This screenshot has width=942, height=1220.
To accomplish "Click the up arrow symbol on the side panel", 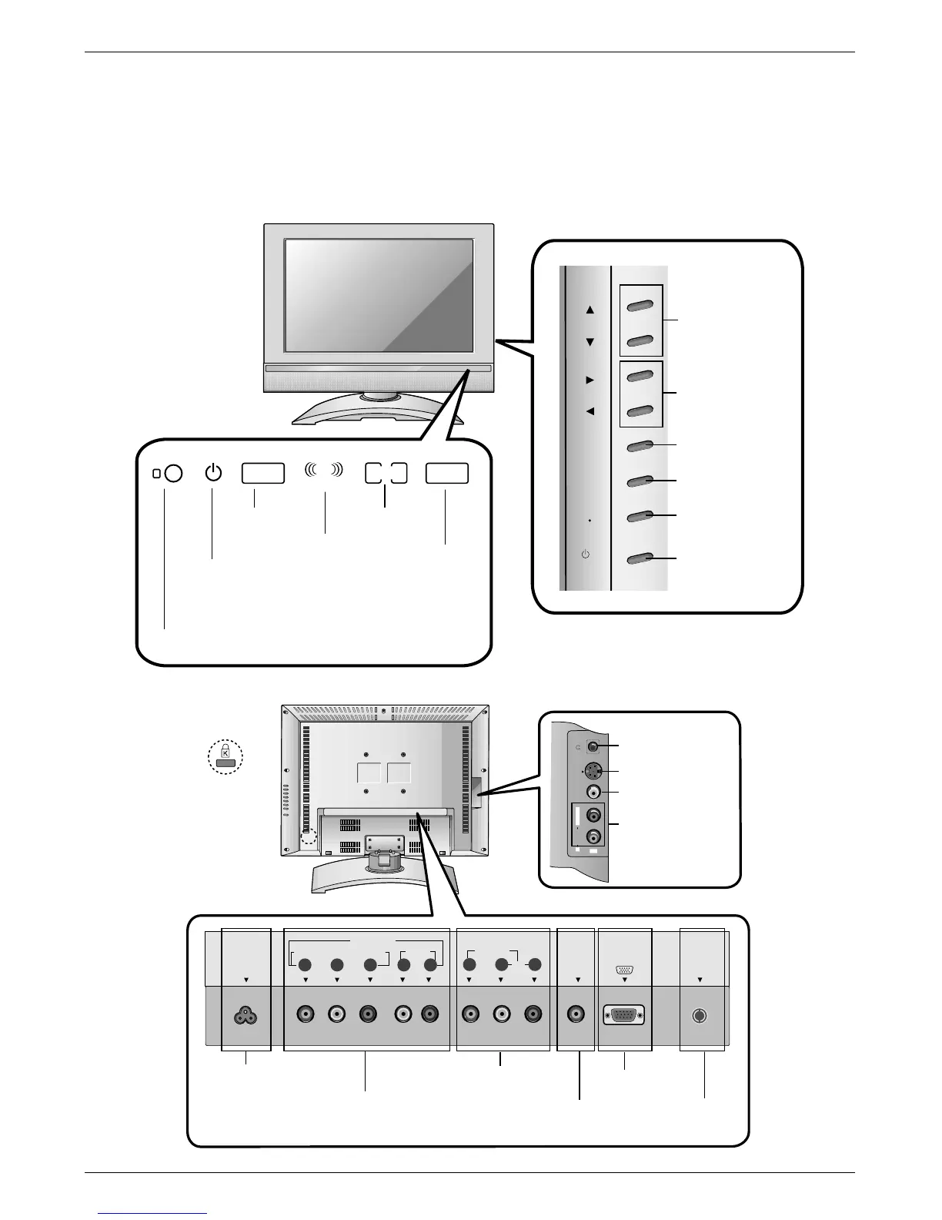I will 590,310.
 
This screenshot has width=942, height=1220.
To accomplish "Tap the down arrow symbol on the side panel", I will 590,342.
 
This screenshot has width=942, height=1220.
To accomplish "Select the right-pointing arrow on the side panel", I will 590,380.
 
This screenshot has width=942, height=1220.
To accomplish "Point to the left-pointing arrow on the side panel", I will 590,411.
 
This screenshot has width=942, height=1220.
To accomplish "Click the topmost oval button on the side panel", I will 640,307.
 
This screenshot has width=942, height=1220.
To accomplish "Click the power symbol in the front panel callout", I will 213,473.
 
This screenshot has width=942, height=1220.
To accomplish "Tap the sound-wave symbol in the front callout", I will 324,472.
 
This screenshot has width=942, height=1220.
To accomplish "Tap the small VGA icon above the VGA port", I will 624,970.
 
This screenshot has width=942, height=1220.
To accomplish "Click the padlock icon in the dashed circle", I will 225,756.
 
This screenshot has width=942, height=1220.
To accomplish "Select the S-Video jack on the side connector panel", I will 592,771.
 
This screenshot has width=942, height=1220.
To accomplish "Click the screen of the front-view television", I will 379,295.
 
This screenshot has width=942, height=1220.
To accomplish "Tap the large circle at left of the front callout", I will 174,474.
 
